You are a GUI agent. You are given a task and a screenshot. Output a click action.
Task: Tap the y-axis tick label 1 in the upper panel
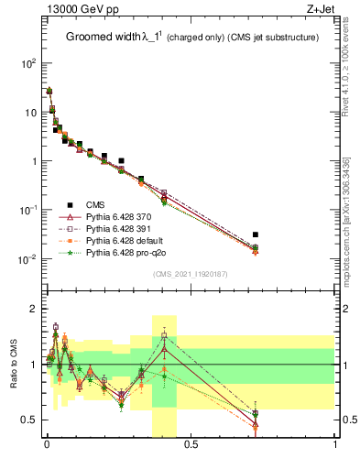34,161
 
